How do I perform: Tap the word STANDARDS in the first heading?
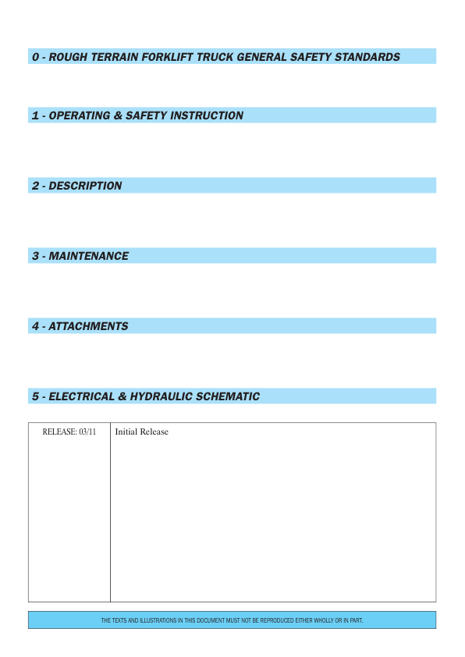367,57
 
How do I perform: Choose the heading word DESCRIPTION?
85,186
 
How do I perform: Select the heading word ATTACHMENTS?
88,326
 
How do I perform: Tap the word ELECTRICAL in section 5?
81,396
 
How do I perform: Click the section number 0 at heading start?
35,57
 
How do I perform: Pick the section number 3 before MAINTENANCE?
35,256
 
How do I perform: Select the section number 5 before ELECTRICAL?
35,396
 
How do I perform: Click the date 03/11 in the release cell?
87,432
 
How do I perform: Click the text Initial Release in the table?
141,432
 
